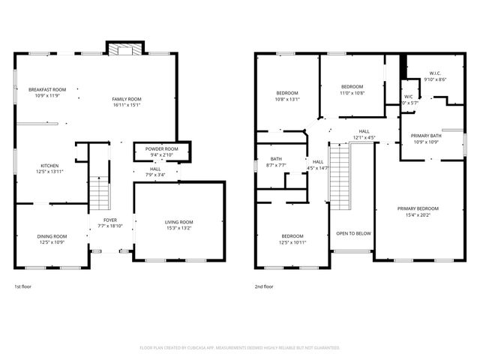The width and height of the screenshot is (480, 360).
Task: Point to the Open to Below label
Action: click(x=353, y=233)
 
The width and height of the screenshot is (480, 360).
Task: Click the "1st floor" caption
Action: click(x=23, y=286)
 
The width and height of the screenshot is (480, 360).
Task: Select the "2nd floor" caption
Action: click(x=264, y=286)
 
